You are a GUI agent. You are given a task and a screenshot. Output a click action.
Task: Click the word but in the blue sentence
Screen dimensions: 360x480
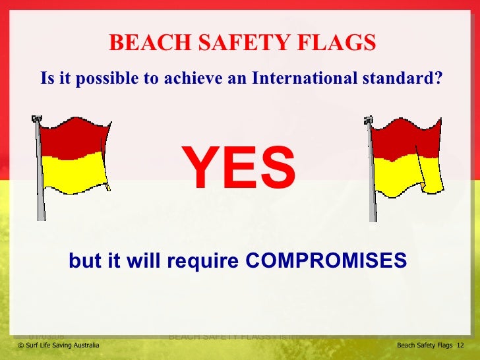pyautogui.click(x=82, y=261)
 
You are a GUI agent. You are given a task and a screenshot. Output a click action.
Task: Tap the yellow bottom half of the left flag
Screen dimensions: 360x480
pyautogui.click(x=75, y=173)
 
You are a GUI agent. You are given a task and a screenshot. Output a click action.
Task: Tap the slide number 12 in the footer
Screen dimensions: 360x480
pyautogui.click(x=460, y=345)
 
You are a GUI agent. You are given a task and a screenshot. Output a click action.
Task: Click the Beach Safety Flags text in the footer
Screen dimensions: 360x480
pyautogui.click(x=425, y=345)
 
